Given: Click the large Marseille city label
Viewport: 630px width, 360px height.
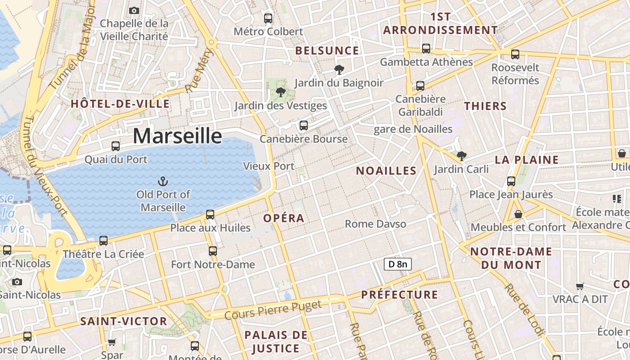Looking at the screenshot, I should pos(177,136).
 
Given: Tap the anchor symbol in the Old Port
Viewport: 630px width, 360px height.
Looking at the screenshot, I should pos(163,181).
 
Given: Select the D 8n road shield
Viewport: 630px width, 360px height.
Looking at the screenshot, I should pos(398,264).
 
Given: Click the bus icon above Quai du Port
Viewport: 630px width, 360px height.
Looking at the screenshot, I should pos(116,146).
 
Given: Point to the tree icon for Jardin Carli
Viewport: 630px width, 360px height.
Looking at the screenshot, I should pos(461,156).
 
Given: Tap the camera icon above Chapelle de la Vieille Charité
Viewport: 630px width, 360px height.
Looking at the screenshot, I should pos(134,10).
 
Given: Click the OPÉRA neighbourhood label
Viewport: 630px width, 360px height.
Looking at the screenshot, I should pos(284,218).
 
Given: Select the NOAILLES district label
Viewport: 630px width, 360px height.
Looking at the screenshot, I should pos(386,171).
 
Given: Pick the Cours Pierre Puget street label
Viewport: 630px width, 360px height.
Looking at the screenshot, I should pos(273,310).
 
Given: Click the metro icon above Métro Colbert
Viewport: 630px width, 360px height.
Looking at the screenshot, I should pos(268,18).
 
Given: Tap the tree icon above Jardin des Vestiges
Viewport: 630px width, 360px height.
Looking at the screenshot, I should pos(281,92).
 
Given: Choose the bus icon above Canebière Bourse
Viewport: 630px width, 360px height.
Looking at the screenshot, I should pos(304,126).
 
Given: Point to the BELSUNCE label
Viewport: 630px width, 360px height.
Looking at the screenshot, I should pos(327,50).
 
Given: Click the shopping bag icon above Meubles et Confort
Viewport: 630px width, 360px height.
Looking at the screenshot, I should pos(518,214).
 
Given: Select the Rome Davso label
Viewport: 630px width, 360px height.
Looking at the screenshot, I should pos(375,224).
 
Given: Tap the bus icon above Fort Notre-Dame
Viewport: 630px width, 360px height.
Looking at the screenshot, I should pos(213,251).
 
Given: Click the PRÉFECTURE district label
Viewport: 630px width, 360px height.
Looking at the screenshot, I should pos(400,295).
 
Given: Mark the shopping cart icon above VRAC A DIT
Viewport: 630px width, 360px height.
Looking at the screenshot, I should pos(580,286).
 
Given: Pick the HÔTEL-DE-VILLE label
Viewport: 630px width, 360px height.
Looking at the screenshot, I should pos(120,104).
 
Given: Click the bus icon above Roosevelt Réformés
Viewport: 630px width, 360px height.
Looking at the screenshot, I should pos(515,54).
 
